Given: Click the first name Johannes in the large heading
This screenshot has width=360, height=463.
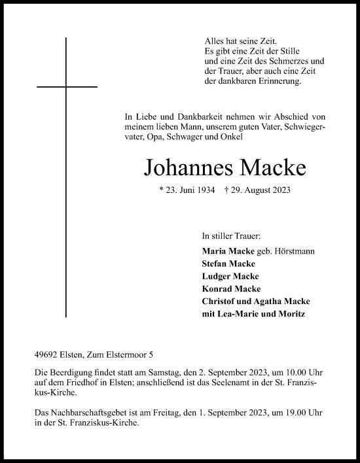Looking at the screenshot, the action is coord(181,168).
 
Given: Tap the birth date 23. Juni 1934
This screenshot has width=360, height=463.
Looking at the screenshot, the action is coord(188,191).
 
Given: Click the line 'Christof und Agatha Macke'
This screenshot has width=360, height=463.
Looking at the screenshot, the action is coord(257,301).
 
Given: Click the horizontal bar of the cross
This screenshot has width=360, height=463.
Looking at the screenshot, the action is coord(67,86).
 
